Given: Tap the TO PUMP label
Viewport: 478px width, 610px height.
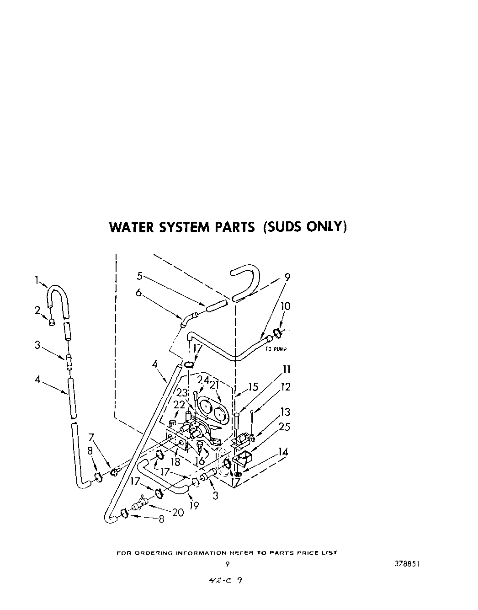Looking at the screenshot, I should pos(276,349).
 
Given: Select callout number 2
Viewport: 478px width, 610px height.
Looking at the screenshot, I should pos(37,310).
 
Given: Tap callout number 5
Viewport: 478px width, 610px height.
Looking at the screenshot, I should pos(140,276).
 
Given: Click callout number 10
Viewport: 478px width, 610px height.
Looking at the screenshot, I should pos(286,306).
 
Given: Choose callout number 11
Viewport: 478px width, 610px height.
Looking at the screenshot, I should pos(287,369).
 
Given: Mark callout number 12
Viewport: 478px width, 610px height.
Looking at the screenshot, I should pos(286,387).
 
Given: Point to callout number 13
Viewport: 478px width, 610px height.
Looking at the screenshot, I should pos(285,412).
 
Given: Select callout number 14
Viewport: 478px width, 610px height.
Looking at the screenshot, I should pos(283,452).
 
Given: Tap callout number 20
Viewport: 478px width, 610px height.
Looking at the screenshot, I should pos(178,513).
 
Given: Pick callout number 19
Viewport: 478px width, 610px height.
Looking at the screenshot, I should pos(194,506).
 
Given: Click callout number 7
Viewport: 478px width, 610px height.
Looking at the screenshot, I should pos(91,438).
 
